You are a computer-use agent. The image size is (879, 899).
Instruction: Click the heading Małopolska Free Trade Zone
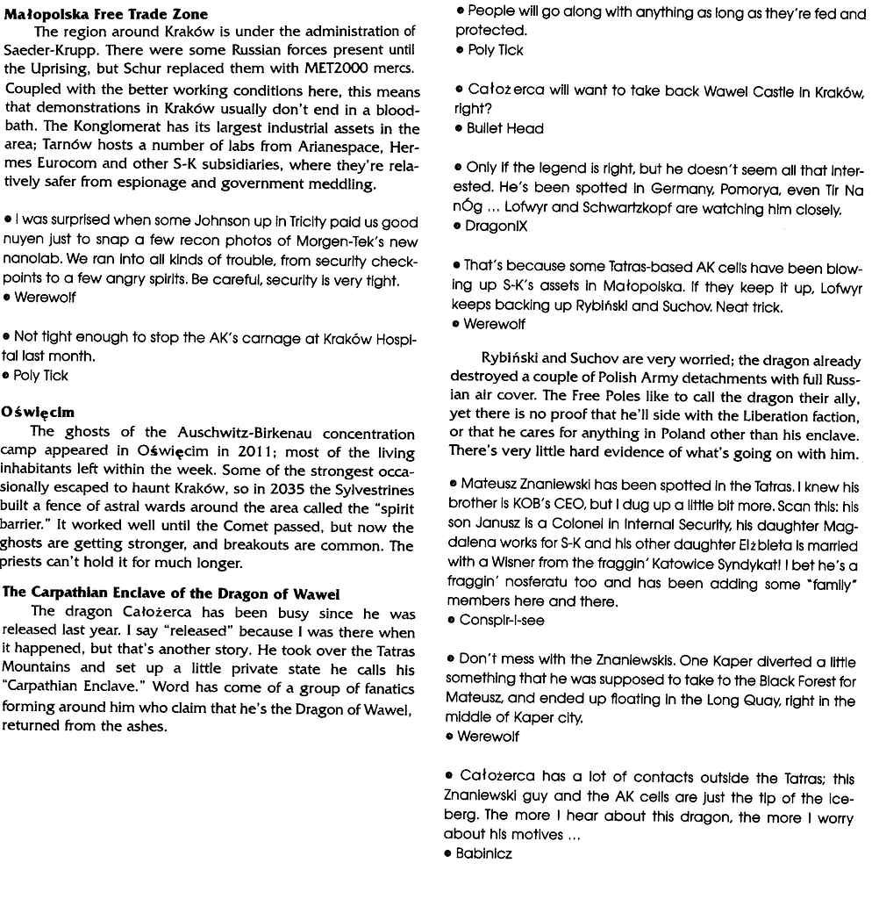coord(107,14)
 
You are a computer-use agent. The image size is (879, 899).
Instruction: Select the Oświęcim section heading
coord(38,411)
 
